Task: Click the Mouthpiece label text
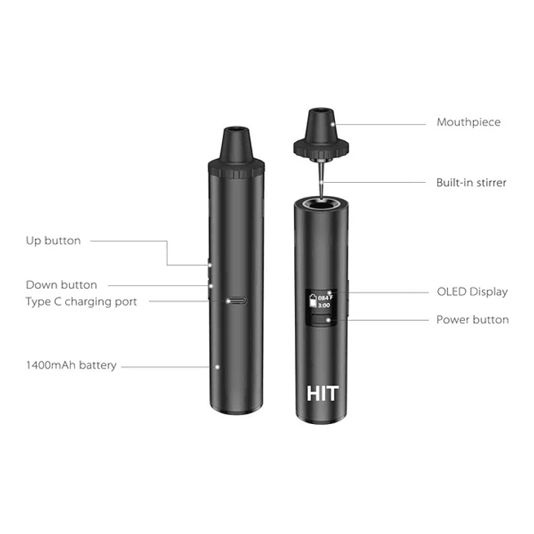point(468,122)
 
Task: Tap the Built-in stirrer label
point(471,182)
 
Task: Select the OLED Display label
point(472,291)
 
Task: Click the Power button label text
point(472,319)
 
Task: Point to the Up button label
point(53,241)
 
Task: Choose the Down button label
point(62,284)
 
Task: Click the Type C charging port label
point(82,302)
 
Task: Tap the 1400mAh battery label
point(71,365)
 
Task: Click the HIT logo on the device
point(322,393)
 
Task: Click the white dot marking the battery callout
point(215,367)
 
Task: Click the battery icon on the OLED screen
point(312,299)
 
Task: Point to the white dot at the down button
point(210,285)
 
